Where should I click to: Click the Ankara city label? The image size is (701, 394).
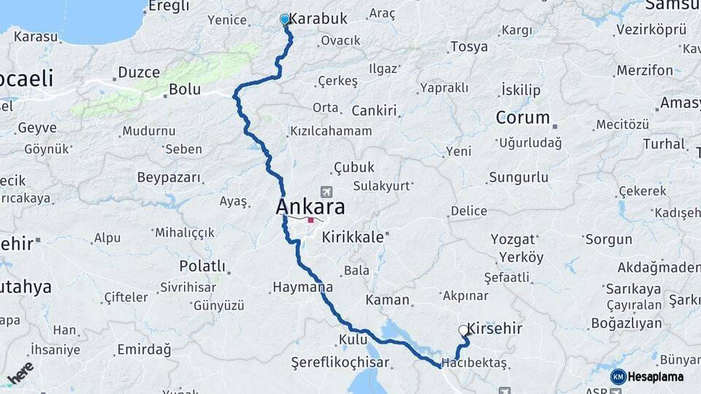[310, 207]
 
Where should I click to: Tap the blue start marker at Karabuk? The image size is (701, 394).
[285, 20]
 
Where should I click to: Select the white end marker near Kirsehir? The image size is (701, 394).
[464, 331]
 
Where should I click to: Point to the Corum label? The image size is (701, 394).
[523, 117]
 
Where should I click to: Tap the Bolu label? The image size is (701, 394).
[184, 90]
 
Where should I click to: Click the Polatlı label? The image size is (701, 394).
[202, 266]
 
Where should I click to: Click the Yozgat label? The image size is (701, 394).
[513, 239]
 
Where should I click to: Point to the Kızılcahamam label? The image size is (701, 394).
[331, 131]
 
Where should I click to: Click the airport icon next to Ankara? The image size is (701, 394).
[325, 192]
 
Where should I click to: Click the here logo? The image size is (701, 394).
[20, 374]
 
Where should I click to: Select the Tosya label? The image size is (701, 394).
[469, 47]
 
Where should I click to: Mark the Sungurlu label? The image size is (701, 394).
[518, 177]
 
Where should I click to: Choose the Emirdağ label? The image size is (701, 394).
[144, 350]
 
